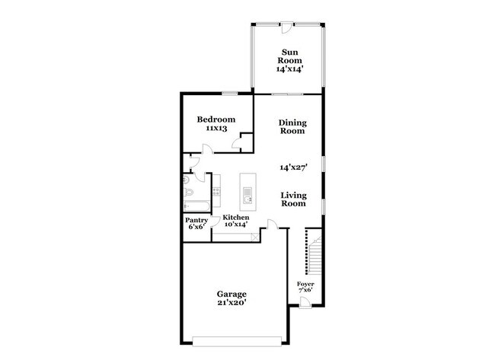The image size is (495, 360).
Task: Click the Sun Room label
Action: [x=289, y=56]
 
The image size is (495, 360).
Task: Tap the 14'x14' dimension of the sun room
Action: [x=289, y=68]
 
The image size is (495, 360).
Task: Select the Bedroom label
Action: [x=216, y=119]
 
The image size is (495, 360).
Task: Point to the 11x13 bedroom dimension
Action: [x=216, y=129]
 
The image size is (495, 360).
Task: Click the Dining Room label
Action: [x=292, y=126]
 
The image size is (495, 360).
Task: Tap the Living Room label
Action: [x=293, y=199]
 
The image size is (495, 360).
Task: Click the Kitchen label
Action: [x=235, y=218]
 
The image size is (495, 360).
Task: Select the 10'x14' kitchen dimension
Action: [x=235, y=225]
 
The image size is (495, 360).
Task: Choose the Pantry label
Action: [x=196, y=221]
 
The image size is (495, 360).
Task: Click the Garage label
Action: [x=232, y=294]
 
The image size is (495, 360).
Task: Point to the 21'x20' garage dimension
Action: [x=232, y=303]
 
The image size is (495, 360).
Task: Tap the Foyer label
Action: [x=305, y=284]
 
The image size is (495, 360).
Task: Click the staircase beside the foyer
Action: [x=315, y=251]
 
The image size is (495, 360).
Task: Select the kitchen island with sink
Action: [x=247, y=192]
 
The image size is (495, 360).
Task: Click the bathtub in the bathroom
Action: [x=196, y=205]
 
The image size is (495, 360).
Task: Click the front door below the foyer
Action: [x=305, y=303]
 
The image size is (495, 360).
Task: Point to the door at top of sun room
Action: [x=286, y=24]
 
